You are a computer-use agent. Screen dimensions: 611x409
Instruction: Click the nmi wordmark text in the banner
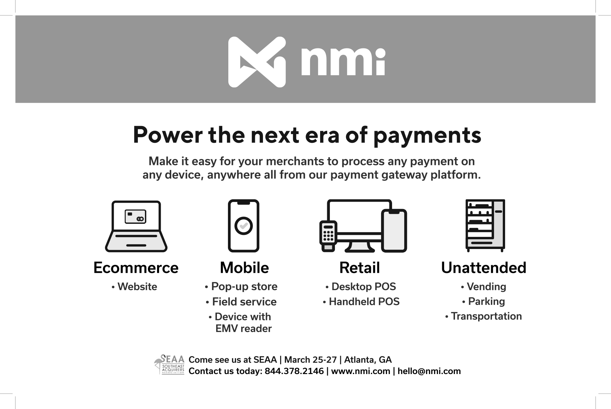click(x=343, y=61)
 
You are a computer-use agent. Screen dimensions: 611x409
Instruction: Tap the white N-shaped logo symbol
click(x=257, y=62)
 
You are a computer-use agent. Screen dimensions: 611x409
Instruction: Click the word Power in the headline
click(x=167, y=135)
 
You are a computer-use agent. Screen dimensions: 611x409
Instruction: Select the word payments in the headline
click(x=427, y=136)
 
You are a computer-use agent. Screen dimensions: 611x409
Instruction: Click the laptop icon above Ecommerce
click(x=136, y=226)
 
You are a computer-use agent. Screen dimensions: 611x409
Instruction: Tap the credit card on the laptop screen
click(x=136, y=216)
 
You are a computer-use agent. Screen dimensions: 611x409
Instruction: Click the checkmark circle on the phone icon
click(x=243, y=226)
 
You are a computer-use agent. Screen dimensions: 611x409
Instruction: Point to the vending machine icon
click(x=485, y=226)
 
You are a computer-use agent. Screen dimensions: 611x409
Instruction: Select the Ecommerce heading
click(x=136, y=268)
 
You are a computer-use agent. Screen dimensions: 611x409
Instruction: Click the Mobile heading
click(x=244, y=268)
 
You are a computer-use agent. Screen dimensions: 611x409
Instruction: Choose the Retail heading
click(x=359, y=268)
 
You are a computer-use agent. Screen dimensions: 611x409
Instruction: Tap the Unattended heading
click(x=484, y=268)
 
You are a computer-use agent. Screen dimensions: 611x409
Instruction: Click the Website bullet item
click(x=135, y=287)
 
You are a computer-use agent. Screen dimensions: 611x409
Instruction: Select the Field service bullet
click(x=241, y=302)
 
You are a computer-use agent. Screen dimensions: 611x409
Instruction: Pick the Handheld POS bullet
click(x=361, y=301)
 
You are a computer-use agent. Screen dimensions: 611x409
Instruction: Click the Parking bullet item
click(x=483, y=302)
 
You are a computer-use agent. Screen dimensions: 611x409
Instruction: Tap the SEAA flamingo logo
click(x=169, y=364)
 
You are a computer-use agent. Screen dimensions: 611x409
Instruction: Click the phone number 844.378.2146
click(x=294, y=371)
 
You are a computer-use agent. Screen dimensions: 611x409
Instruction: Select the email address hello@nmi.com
click(x=429, y=371)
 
